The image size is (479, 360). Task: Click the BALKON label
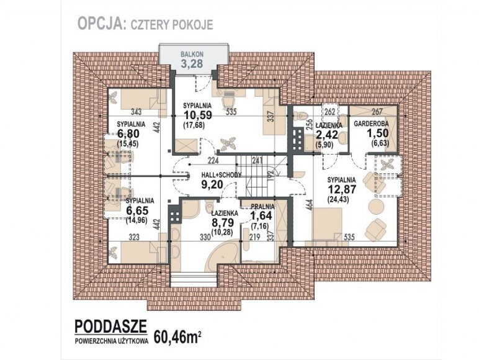pyautogui.click(x=192, y=55)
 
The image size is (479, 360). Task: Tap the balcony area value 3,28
pyautogui.click(x=192, y=64)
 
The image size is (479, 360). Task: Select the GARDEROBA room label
pyautogui.click(x=371, y=124)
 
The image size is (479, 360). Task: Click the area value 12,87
pyautogui.click(x=342, y=189)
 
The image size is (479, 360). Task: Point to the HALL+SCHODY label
pyautogui.click(x=221, y=175)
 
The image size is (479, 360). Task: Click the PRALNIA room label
pyautogui.click(x=262, y=207)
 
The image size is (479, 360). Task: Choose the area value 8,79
pyautogui.click(x=223, y=222)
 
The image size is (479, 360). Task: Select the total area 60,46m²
pyautogui.click(x=177, y=337)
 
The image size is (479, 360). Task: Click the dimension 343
pyautogui.click(x=136, y=112)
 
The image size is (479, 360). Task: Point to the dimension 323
pyautogui.click(x=134, y=237)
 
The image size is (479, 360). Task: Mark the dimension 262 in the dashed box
pyautogui.click(x=330, y=112)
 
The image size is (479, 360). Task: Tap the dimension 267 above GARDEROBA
pyautogui.click(x=377, y=112)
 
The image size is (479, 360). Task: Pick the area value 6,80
pyautogui.click(x=128, y=134)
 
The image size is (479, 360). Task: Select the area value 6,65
pyautogui.click(x=137, y=210)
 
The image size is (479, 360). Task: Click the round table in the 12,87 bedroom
pyautogui.click(x=376, y=207)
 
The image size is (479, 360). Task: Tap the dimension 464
pyautogui.click(x=309, y=204)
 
